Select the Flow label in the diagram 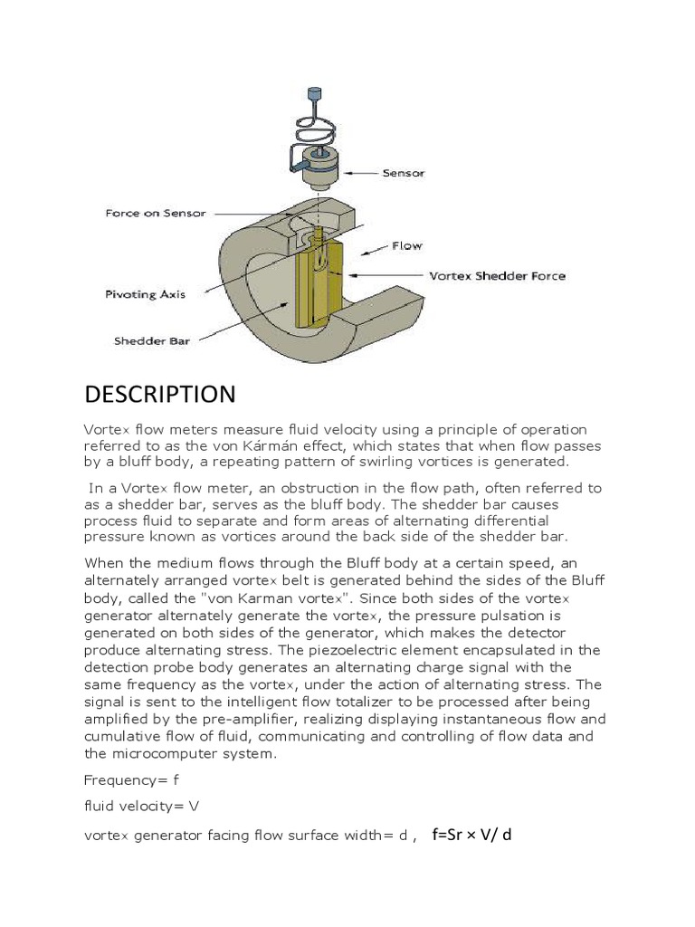click(x=406, y=245)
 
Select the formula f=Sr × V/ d click(x=471, y=834)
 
